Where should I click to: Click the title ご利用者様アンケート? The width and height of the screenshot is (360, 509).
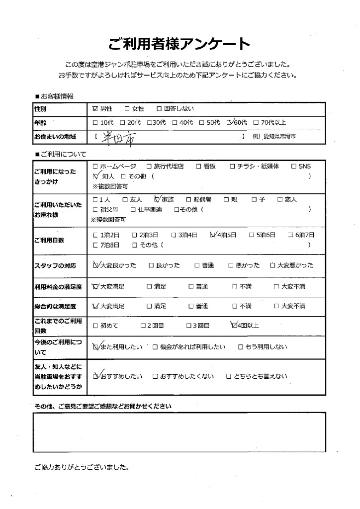pos(180,44)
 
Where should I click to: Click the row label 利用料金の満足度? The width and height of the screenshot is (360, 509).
pos(55,287)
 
